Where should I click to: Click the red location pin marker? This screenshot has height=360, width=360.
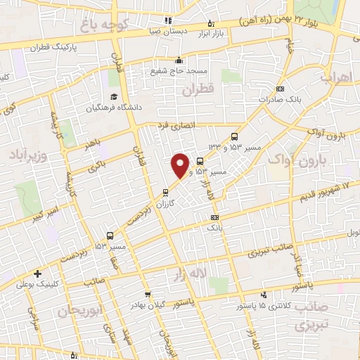[181, 165]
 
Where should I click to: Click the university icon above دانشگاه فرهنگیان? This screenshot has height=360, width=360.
[112, 97]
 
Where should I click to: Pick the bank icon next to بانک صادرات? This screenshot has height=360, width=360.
[281, 89]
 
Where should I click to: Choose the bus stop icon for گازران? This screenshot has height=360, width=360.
[166, 192]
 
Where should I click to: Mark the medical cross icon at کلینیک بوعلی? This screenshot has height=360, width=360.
[37, 274]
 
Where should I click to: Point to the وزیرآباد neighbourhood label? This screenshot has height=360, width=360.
[28, 153]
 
